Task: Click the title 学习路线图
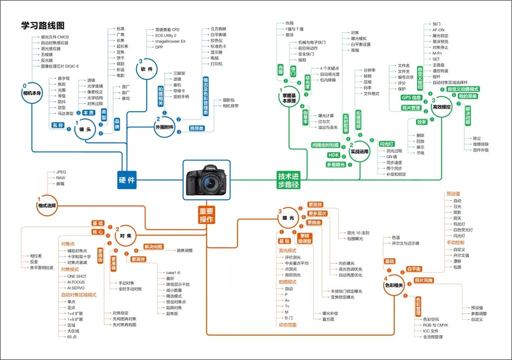tap(43, 25)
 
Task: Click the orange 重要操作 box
tap(207, 215)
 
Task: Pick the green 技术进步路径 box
tap(288, 180)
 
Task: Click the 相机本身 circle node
tap(33, 93)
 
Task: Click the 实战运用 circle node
tap(359, 152)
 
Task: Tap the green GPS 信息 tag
tap(411, 98)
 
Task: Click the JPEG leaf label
tap(61, 172)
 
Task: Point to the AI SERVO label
tap(76, 288)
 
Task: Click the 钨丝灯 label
tap(460, 224)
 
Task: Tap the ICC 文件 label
tap(430, 331)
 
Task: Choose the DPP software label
tap(159, 47)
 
